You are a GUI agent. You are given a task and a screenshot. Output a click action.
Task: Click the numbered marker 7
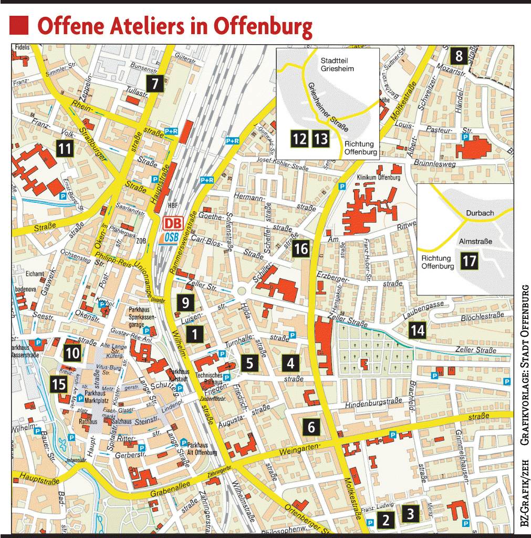click(x=155, y=84)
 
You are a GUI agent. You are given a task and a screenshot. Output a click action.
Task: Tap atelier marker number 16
click(x=301, y=249)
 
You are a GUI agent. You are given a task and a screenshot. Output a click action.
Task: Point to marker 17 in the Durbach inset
click(x=469, y=261)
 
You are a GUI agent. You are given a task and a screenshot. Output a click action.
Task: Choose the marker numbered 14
click(x=418, y=330)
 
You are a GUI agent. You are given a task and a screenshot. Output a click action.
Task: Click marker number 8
click(x=459, y=55)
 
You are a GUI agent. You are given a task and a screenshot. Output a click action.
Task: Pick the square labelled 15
click(x=59, y=384)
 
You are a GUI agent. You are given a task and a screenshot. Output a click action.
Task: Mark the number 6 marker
click(x=311, y=427)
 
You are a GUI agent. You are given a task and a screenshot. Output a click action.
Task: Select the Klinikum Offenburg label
click(x=378, y=178)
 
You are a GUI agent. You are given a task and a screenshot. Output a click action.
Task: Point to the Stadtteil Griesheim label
click(x=337, y=64)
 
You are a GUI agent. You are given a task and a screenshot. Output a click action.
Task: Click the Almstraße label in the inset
click(x=475, y=241)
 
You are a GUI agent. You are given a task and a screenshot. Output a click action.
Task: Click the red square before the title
click(x=19, y=25)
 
